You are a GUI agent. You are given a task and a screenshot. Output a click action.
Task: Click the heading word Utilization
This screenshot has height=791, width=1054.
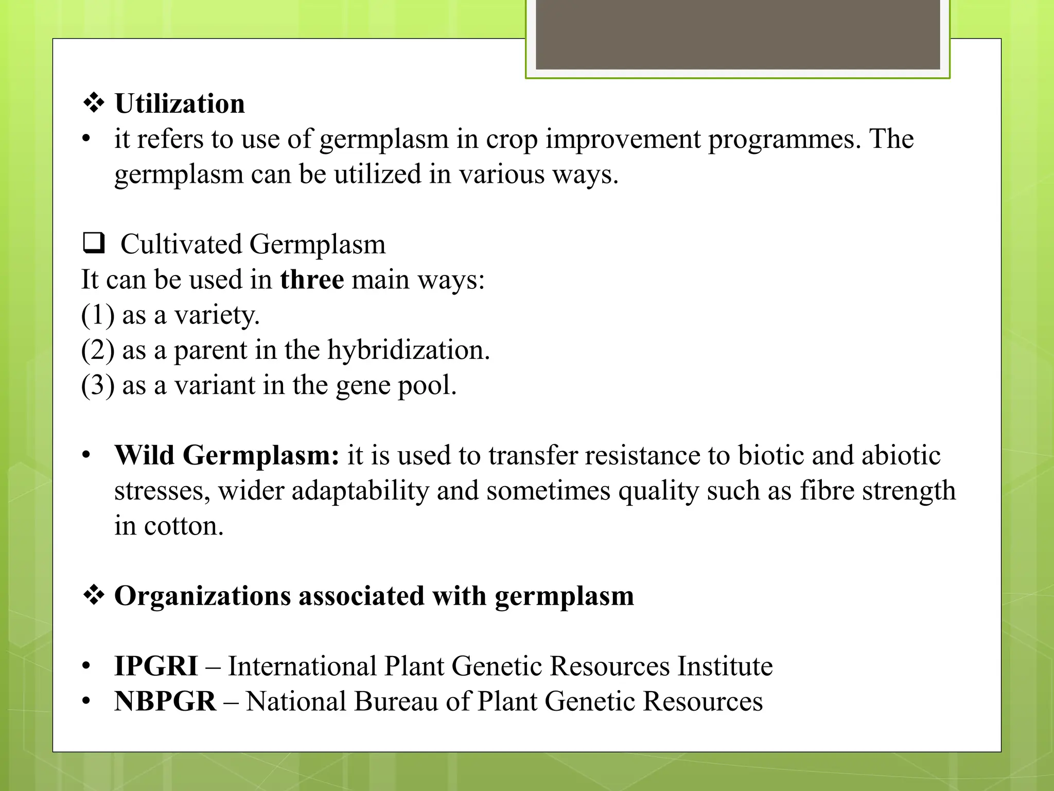pos(180,104)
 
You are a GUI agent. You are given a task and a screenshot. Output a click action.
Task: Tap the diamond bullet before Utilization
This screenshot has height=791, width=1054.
pos(94,104)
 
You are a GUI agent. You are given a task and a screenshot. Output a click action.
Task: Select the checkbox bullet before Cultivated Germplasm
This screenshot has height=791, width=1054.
pos(94,243)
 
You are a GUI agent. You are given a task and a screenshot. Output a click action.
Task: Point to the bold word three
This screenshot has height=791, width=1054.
pos(312,280)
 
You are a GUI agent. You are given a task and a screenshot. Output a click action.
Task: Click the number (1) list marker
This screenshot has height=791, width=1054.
pos(98,315)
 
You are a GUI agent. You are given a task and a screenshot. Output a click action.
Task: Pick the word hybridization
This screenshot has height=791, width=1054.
pos(408,350)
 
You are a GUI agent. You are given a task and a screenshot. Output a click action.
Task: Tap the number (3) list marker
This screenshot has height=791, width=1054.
pos(98,385)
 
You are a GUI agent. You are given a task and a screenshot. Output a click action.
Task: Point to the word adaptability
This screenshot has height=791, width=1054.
pos(360,491)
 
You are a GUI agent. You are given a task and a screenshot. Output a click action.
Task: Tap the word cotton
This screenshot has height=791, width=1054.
pos(184,526)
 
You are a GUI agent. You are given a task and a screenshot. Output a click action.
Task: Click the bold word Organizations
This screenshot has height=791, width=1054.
pos(202,596)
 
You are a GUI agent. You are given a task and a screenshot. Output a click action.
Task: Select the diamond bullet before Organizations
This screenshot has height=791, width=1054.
pos(94,596)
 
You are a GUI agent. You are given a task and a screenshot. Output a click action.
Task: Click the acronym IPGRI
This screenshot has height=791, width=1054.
pos(156,666)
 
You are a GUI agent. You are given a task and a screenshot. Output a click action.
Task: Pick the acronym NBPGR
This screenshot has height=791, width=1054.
pos(165,701)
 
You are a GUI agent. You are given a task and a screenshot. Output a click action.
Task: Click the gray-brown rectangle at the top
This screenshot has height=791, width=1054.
pos(737,35)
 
